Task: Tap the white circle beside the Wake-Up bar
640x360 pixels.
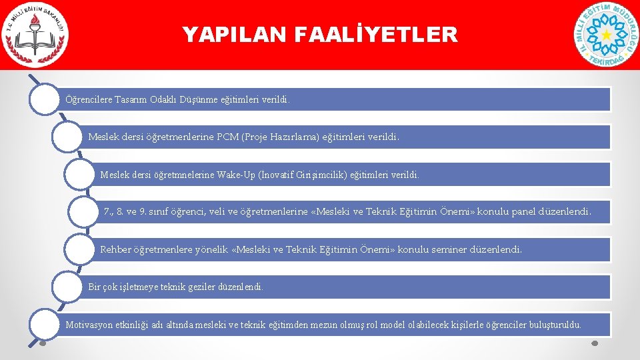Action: [83, 175]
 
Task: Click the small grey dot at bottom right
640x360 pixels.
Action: [595, 344]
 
